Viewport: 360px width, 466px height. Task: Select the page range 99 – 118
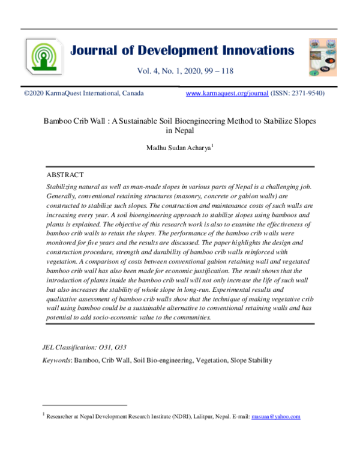(214, 71)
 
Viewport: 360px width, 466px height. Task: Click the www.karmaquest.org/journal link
(227, 94)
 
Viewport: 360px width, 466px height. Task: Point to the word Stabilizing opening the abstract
(64, 187)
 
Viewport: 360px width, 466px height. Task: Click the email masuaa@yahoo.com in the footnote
(275, 416)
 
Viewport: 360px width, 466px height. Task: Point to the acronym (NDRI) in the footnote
(176, 416)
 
